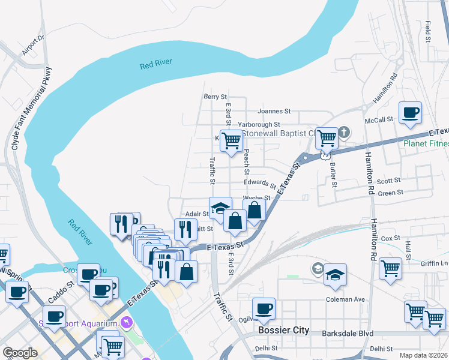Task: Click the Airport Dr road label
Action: pyautogui.click(x=34, y=46)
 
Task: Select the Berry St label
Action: pyautogui.click(x=215, y=96)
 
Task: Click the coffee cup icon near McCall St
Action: pyautogui.click(x=411, y=112)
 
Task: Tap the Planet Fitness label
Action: pyautogui.click(x=426, y=143)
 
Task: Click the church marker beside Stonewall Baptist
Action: pyautogui.click(x=344, y=131)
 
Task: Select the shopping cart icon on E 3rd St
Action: pyautogui.click(x=231, y=141)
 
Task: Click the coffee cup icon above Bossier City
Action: pyautogui.click(x=264, y=309)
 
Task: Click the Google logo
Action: pyautogui.click(x=20, y=353)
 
